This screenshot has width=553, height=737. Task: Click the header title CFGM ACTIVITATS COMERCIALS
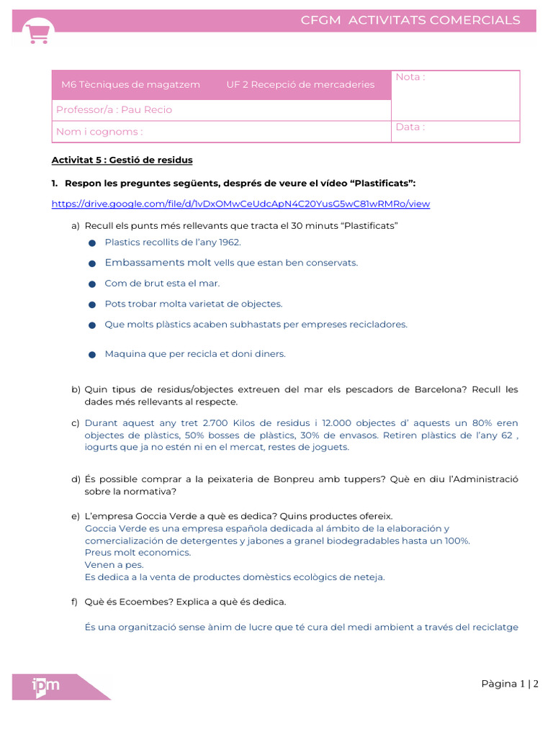410,20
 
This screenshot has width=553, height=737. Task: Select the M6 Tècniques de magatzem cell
130,85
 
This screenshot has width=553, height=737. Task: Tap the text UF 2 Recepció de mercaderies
300,85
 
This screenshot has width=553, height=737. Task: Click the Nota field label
410,77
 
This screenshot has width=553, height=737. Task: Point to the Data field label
410,127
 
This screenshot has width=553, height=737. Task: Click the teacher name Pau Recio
147,110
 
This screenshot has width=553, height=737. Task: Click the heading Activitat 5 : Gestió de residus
122,160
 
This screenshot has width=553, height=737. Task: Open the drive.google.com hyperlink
240,204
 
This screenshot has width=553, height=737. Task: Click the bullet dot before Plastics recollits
92,243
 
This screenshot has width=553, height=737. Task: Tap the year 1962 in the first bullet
230,243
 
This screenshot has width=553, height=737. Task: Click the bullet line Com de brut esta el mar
162,284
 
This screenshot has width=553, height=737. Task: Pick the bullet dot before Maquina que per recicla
92,355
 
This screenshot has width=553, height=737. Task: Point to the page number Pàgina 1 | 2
510,684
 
